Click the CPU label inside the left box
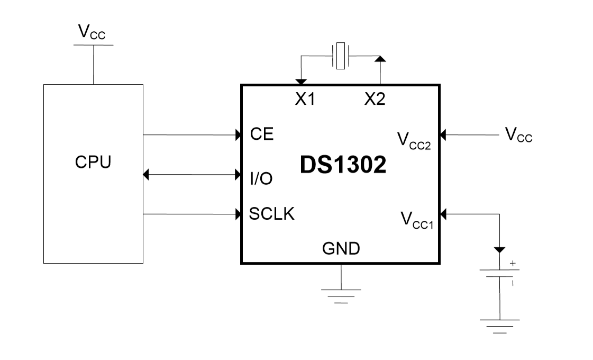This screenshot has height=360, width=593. coord(93,162)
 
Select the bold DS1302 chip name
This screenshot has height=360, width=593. coord(343,165)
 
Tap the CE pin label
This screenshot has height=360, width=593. coord(262,134)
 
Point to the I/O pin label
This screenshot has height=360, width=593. coord(261,178)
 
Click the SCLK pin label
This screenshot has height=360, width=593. coord(272,214)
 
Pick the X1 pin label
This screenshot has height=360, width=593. coord(305,99)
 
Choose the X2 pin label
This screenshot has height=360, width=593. coord(375,99)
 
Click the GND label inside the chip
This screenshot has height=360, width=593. coord(341,247)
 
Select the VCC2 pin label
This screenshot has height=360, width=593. coord(414,140)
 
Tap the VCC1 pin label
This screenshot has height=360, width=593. coord(416,220)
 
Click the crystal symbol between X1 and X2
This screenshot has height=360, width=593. coord(340,56)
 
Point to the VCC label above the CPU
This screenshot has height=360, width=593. coord(92,32)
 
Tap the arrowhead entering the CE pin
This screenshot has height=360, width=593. coord(238,135)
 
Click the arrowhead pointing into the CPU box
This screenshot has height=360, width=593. coord(147,174)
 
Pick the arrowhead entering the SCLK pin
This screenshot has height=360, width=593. coord(238,214)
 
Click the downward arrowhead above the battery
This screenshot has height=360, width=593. coord(500,249)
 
